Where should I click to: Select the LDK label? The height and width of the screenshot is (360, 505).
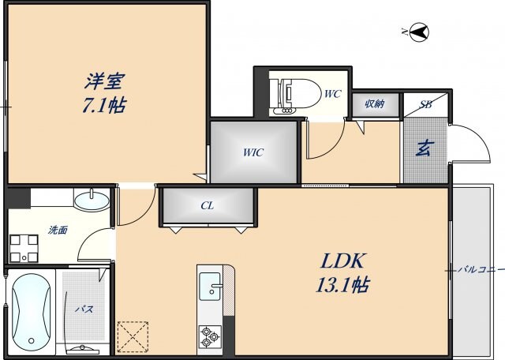click(342, 261)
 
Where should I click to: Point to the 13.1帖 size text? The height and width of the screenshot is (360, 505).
click(342, 284)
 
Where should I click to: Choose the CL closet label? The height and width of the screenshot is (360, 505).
click(207, 205)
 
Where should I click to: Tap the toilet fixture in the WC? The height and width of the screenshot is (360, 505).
click(294, 92)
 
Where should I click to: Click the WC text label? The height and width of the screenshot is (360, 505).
click(332, 94)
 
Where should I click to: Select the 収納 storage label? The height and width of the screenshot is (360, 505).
click(374, 104)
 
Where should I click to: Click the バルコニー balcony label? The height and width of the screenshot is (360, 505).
click(481, 270)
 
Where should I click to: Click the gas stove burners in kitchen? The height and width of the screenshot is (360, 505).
click(210, 338)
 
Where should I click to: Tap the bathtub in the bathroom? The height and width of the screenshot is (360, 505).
click(32, 311)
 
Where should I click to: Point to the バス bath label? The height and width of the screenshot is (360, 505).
click(84, 309)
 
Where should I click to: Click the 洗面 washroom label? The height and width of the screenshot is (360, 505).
click(58, 231)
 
